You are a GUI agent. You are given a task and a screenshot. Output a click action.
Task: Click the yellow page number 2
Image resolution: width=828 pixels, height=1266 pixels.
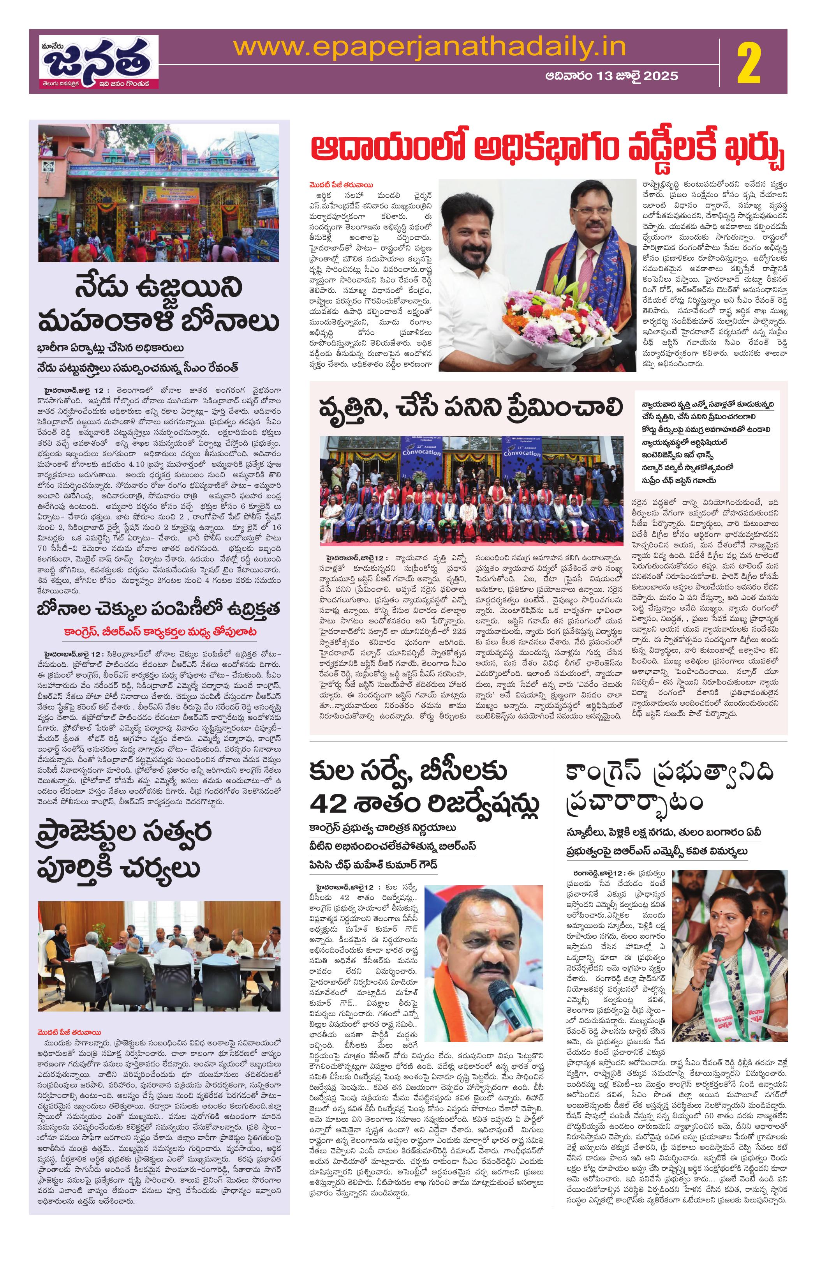point(749,64)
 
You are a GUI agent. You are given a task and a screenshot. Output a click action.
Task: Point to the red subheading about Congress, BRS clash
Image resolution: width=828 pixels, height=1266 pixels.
point(160,632)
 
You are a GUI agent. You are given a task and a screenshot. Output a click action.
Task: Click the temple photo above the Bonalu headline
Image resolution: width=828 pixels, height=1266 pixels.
point(159,192)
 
